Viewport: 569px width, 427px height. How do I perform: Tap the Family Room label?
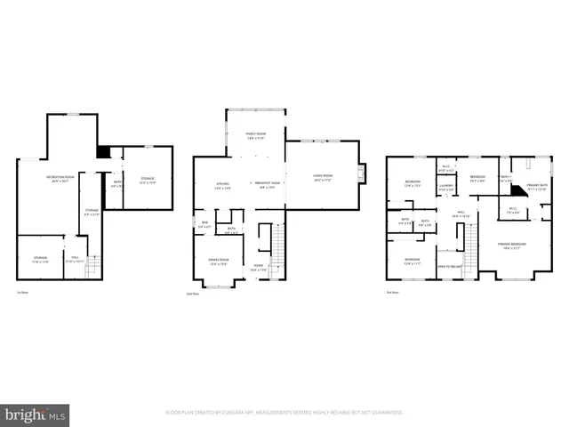[x=255, y=136]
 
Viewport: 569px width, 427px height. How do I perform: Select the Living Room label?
[x=322, y=179]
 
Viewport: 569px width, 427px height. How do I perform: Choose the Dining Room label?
[x=218, y=262]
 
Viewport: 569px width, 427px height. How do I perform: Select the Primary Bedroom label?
[x=511, y=246]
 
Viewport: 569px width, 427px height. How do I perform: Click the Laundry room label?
[x=446, y=188]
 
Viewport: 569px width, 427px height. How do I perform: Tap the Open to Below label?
[x=448, y=266]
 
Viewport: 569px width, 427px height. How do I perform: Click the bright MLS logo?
[x=36, y=415]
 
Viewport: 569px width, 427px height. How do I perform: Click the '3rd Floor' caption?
[x=392, y=293]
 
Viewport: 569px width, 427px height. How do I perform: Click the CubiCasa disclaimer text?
[x=284, y=412]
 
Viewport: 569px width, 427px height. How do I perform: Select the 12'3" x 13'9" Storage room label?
[x=147, y=181]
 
